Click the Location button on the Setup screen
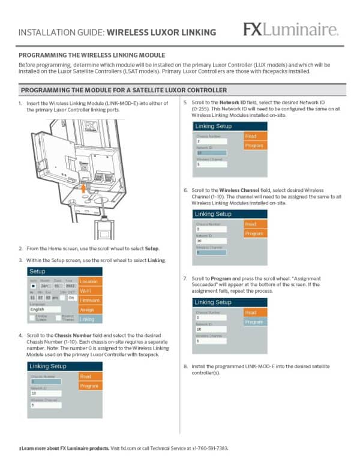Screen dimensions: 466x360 coord(90,281)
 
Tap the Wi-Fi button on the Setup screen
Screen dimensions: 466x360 coord(90,291)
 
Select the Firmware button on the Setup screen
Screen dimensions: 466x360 coord(90,300)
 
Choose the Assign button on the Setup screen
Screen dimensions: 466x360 coord(90,309)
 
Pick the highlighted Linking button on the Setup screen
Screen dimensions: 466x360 coord(90,319)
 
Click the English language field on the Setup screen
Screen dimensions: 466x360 coord(51,309)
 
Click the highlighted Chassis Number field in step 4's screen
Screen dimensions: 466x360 coord(51,381)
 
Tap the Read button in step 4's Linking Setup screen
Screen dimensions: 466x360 coord(90,376)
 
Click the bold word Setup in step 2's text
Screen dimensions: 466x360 coord(152,248)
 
